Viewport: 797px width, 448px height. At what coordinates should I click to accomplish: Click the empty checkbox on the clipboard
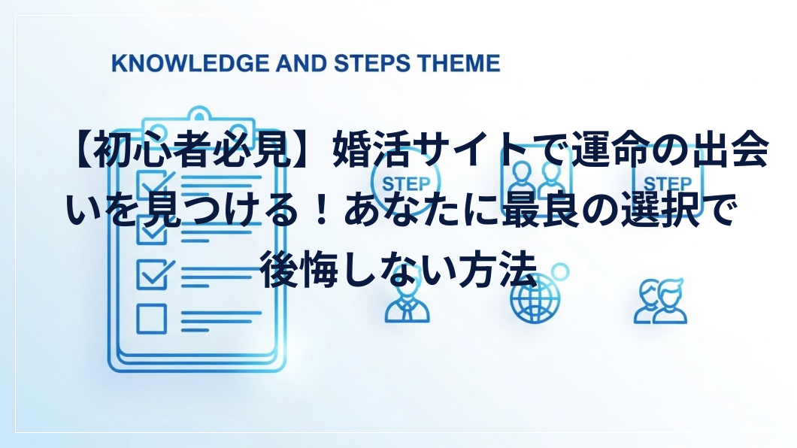[151, 319]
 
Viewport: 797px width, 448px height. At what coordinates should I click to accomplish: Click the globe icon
[534, 298]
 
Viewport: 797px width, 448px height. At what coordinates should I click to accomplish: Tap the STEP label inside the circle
[405, 183]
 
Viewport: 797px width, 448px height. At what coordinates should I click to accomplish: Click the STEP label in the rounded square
[668, 183]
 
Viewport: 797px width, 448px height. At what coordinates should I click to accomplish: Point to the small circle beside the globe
[560, 272]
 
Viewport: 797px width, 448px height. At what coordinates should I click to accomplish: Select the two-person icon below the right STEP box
[660, 301]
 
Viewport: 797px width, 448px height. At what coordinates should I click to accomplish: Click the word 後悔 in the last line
[298, 270]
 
